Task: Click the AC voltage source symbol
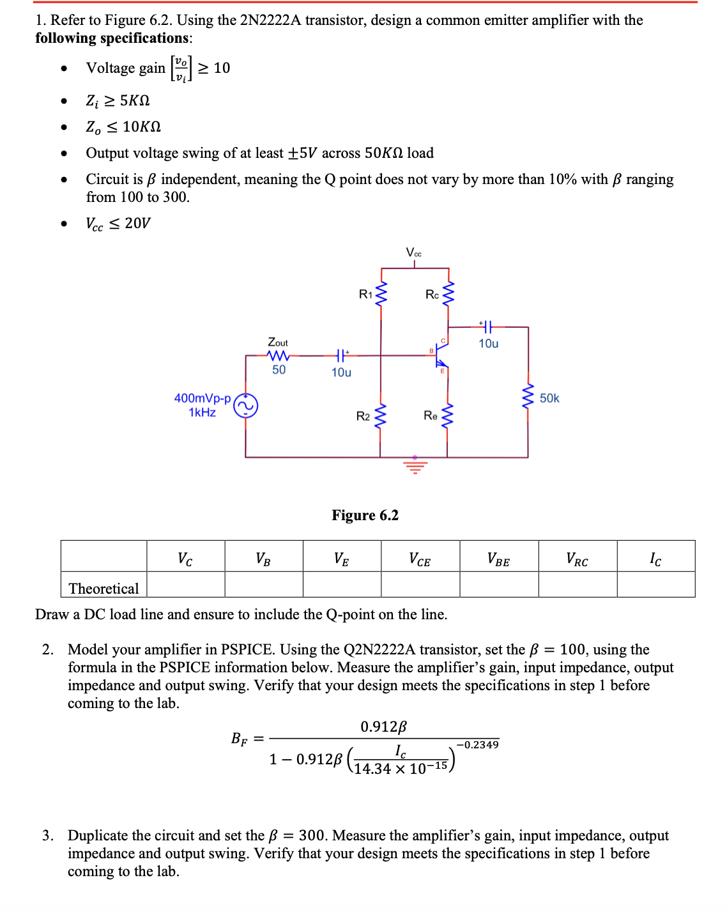click(x=246, y=406)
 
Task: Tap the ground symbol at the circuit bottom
click(x=415, y=467)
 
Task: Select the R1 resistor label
click(x=365, y=294)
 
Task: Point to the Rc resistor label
click(x=432, y=294)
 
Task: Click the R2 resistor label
click(x=363, y=416)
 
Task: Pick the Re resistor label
click(x=431, y=415)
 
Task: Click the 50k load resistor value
click(x=549, y=398)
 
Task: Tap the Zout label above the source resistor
click(x=278, y=343)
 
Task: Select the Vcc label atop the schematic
click(x=414, y=253)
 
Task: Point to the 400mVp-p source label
click(x=203, y=398)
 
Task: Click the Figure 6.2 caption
click(x=365, y=515)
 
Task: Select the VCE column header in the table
click(x=420, y=559)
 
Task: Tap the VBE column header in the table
click(x=498, y=559)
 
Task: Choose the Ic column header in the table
click(x=655, y=559)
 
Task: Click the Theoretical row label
click(x=103, y=589)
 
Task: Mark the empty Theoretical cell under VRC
click(x=578, y=584)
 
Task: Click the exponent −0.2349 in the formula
click(x=478, y=744)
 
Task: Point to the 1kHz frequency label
click(x=203, y=412)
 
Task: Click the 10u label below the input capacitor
click(x=341, y=372)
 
